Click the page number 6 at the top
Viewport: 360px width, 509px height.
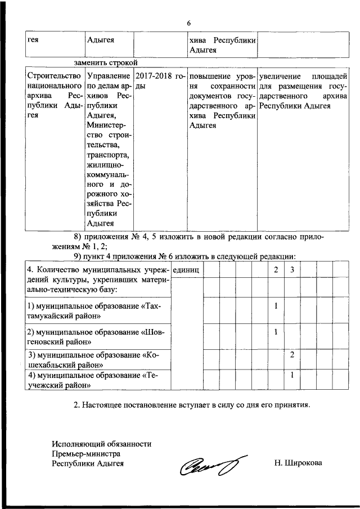coord(189,23)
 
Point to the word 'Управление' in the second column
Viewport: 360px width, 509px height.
coord(109,76)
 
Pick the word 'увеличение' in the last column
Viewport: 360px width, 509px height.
coord(280,76)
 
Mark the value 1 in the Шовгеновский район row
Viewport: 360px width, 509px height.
coord(276,332)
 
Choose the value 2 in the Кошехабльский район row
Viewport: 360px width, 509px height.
coord(292,355)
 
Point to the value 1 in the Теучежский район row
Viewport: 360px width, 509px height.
coord(292,375)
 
